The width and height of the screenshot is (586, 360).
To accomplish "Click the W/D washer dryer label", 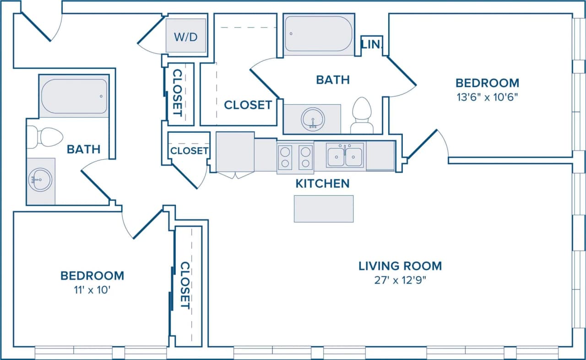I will [x=186, y=37].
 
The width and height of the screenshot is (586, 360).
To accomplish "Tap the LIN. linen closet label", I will [x=371, y=45].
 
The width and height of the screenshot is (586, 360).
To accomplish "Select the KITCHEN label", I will [x=322, y=184].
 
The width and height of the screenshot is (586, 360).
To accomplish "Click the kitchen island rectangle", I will [x=323, y=209].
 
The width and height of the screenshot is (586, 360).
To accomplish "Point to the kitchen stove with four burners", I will [x=295, y=157].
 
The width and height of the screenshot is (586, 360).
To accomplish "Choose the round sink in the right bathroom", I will [x=313, y=118].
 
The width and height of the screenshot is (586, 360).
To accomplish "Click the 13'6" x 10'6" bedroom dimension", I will [x=487, y=97].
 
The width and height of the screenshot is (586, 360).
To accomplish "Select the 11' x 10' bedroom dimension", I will [x=92, y=290].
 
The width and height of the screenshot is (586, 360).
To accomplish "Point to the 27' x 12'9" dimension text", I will [x=400, y=280].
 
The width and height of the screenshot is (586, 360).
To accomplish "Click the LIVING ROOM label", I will [x=400, y=266].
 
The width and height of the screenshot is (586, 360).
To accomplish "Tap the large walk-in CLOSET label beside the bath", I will [x=248, y=105].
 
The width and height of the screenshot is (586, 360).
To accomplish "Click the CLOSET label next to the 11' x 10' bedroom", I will [x=185, y=285].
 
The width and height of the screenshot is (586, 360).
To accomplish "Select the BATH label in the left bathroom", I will [x=84, y=149].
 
